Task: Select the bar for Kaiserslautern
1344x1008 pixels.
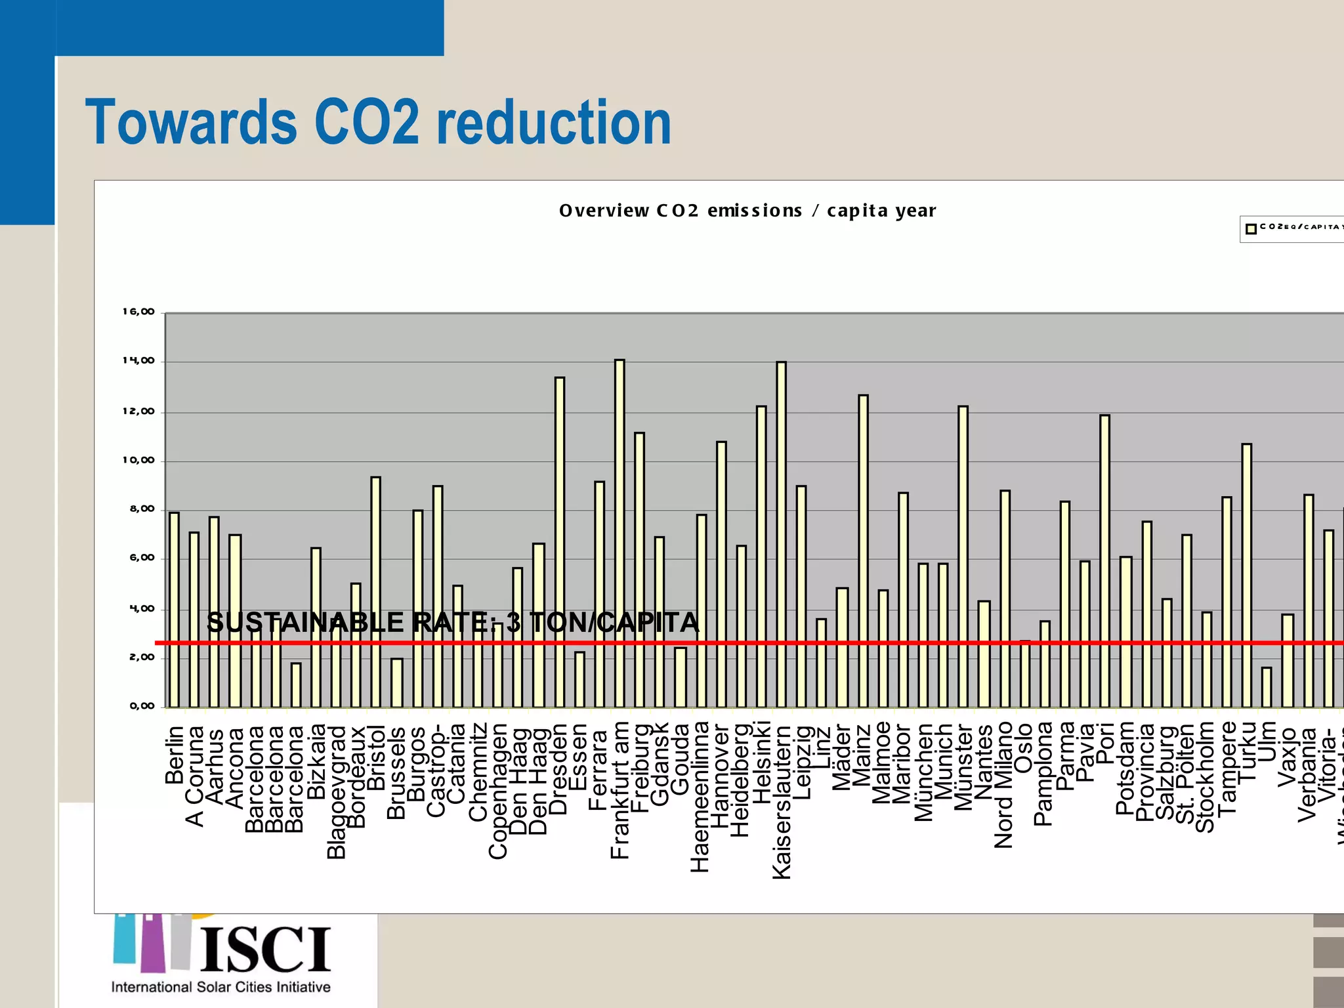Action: pyautogui.click(x=781, y=534)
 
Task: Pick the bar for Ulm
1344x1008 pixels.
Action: pyautogui.click(x=1267, y=687)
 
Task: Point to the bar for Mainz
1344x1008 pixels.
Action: pyautogui.click(x=863, y=551)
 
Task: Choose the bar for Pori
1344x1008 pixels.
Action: pyautogui.click(x=1105, y=561)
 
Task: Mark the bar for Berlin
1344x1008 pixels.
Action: pyautogui.click(x=174, y=610)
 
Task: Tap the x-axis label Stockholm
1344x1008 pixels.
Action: pyautogui.click(x=1206, y=777)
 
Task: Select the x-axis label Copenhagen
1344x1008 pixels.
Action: pyautogui.click(x=498, y=791)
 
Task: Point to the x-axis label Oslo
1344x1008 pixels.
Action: pyautogui.click(x=1024, y=747)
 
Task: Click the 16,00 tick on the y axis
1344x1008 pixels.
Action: pyautogui.click(x=138, y=312)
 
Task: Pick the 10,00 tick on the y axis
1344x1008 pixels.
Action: pyautogui.click(x=138, y=461)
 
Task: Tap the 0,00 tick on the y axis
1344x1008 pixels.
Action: pyautogui.click(x=142, y=706)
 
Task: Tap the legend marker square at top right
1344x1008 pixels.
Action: pyautogui.click(x=1251, y=228)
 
